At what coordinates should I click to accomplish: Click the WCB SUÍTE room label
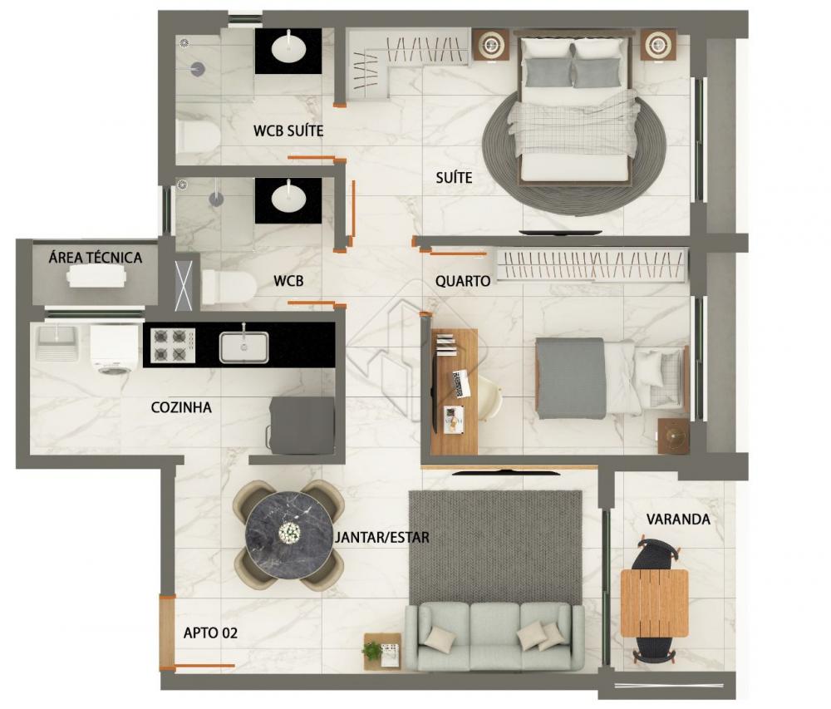(x=288, y=130)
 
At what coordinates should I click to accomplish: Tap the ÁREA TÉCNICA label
(x=96, y=258)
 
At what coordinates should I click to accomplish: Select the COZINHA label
(x=181, y=407)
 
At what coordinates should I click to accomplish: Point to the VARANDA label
(x=678, y=519)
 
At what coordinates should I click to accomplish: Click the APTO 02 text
(x=210, y=633)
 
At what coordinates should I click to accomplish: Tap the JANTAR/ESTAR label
(x=382, y=537)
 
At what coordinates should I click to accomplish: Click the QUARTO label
(x=463, y=281)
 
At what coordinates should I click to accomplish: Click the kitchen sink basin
(x=243, y=347)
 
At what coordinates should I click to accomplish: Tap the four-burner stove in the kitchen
(x=173, y=346)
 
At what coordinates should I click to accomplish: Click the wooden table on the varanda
(x=655, y=603)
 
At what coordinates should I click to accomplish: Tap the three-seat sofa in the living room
(x=494, y=637)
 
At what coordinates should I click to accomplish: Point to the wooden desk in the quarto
(x=455, y=391)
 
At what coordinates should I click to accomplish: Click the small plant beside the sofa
(x=372, y=650)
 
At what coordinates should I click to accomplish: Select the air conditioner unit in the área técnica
(x=96, y=276)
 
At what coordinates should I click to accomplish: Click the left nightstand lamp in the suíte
(x=491, y=45)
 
